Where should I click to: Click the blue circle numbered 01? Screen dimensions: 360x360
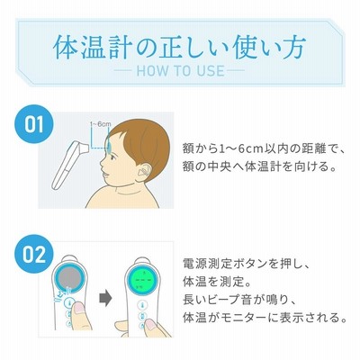click(x=34, y=124)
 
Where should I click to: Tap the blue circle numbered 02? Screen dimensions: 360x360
click(x=34, y=254)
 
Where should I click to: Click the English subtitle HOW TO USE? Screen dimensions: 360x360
click(x=180, y=71)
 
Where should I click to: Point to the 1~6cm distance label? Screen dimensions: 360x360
click(x=101, y=124)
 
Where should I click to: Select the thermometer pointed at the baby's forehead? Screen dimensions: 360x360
click(x=69, y=165)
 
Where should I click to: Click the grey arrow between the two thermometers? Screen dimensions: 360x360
click(x=105, y=299)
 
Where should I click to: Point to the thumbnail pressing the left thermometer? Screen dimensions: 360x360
click(x=80, y=309)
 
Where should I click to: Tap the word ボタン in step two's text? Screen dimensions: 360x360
click(x=249, y=264)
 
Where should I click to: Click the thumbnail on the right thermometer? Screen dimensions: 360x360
click(x=150, y=325)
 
